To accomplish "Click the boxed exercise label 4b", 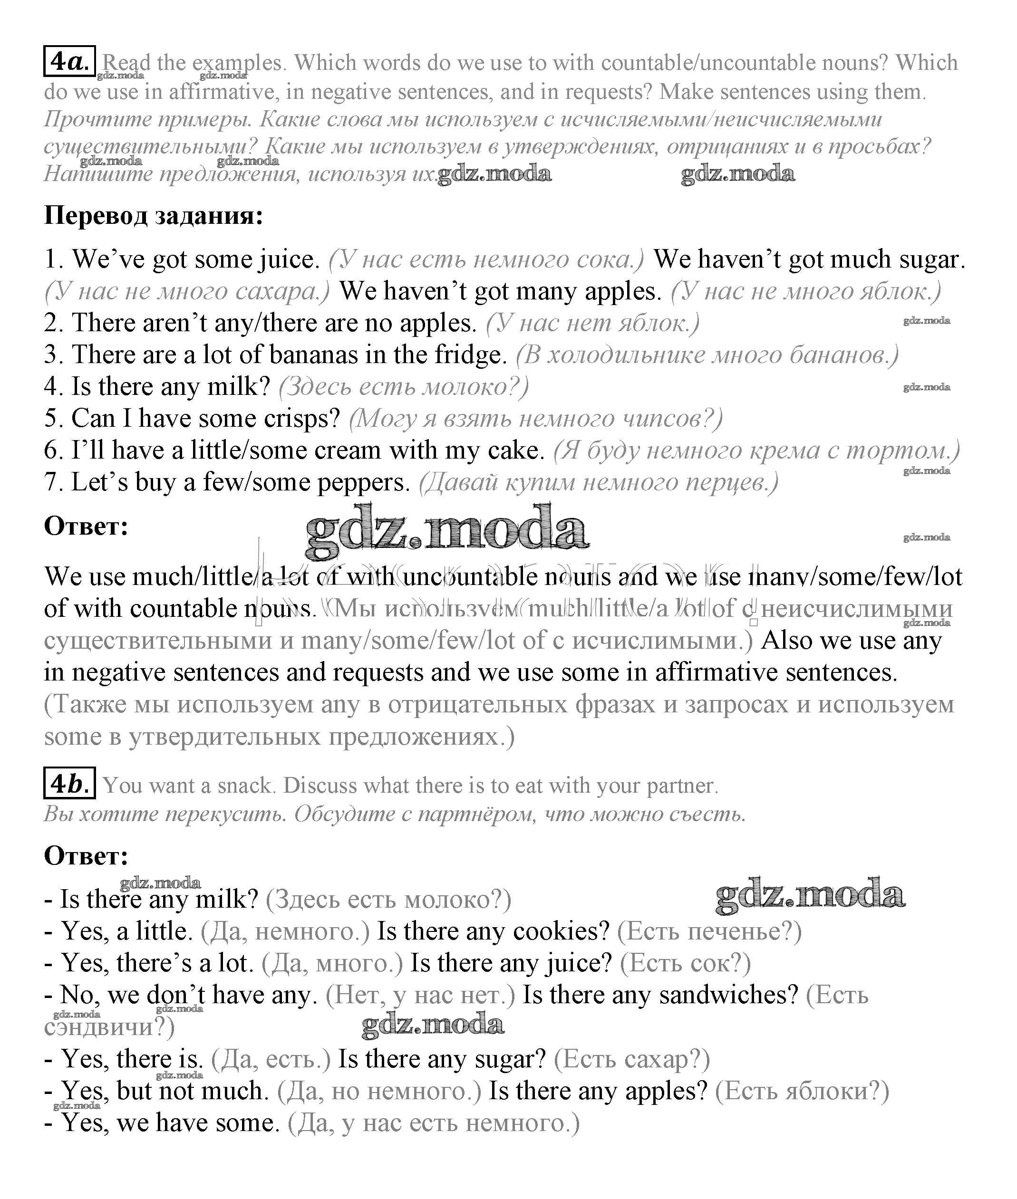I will (x=69, y=784).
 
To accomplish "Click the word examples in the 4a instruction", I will (x=238, y=63).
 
